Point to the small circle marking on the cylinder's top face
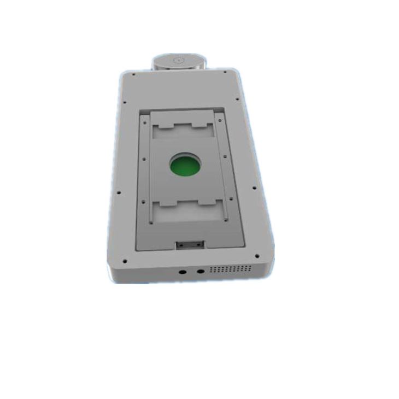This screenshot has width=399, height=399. click(178, 59)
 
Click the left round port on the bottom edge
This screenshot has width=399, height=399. click(183, 270)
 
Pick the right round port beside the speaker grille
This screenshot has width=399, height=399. click(201, 270)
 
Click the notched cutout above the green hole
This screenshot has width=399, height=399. click(180, 127)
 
